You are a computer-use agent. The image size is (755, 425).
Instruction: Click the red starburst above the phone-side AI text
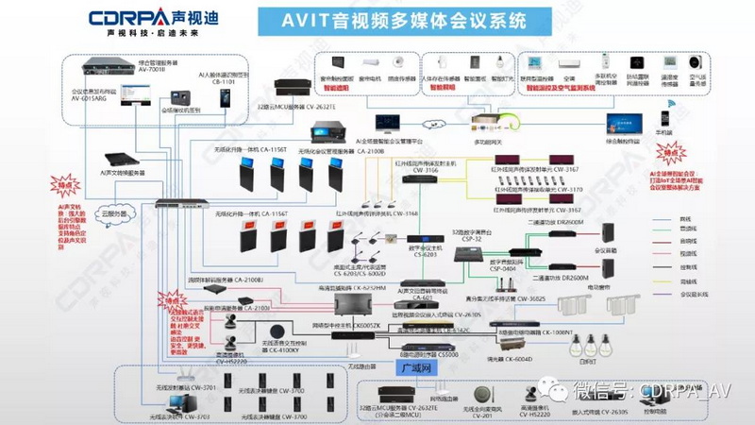click(674, 153)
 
